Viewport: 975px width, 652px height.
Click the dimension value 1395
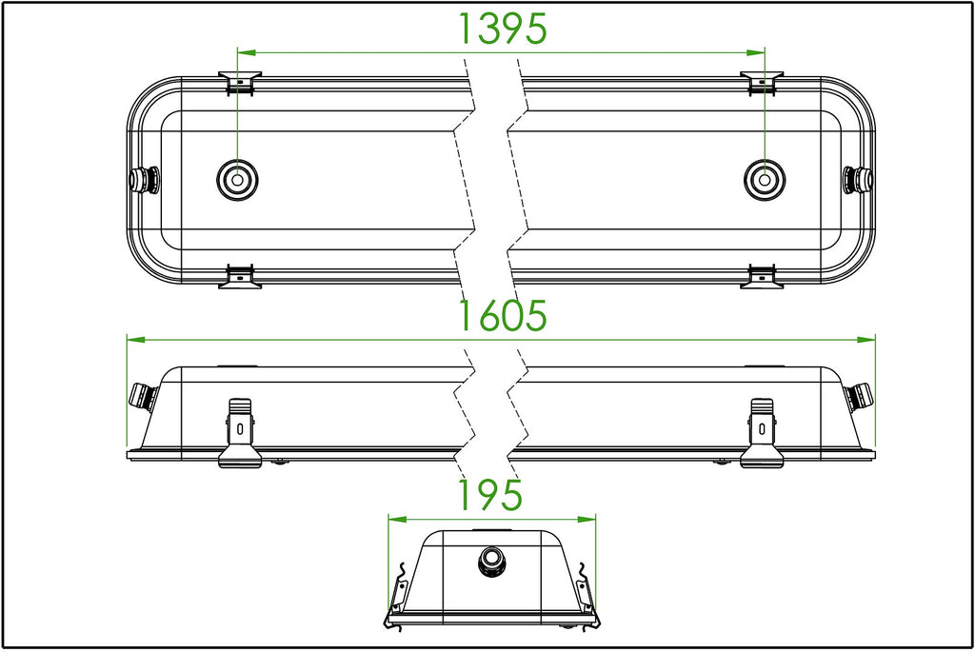tap(503, 29)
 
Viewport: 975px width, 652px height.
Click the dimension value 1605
tap(503, 315)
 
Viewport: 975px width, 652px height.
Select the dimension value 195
tap(490, 495)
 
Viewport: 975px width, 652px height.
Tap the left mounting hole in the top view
tap(237, 180)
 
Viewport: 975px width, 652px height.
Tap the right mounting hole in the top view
tap(765, 180)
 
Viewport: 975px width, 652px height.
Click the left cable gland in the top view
tap(143, 180)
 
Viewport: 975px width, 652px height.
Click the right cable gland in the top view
tap(859, 180)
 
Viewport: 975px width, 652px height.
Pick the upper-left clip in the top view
tap(239, 84)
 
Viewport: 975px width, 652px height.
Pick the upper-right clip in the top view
tap(762, 84)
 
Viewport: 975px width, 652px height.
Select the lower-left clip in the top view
tap(239, 277)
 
